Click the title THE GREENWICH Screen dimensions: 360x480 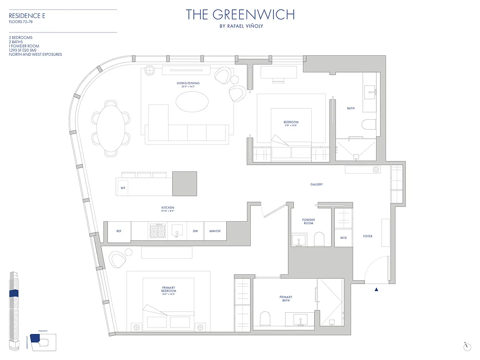pos(240,14)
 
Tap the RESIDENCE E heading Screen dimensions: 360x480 pos(27,16)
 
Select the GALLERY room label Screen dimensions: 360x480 pos(316,184)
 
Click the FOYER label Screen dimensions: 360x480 pos(368,236)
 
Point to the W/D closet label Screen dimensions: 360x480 pos(343,238)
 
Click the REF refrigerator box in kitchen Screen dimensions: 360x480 pos(119,231)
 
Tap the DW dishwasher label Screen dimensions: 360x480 pos(195,231)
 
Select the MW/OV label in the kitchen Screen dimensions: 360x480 pos(215,231)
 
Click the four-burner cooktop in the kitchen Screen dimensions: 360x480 pos(157,230)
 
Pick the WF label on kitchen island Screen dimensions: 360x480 pos(123,188)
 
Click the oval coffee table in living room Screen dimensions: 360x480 pos(192,102)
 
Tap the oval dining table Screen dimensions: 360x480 pos(111,127)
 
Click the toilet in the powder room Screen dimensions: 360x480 pos(319,239)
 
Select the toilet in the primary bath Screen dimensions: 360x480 pos(265,319)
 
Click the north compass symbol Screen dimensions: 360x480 pos(467,346)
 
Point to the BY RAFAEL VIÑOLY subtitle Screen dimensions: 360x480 pos(240,26)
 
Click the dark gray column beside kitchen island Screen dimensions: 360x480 pos(185,184)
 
